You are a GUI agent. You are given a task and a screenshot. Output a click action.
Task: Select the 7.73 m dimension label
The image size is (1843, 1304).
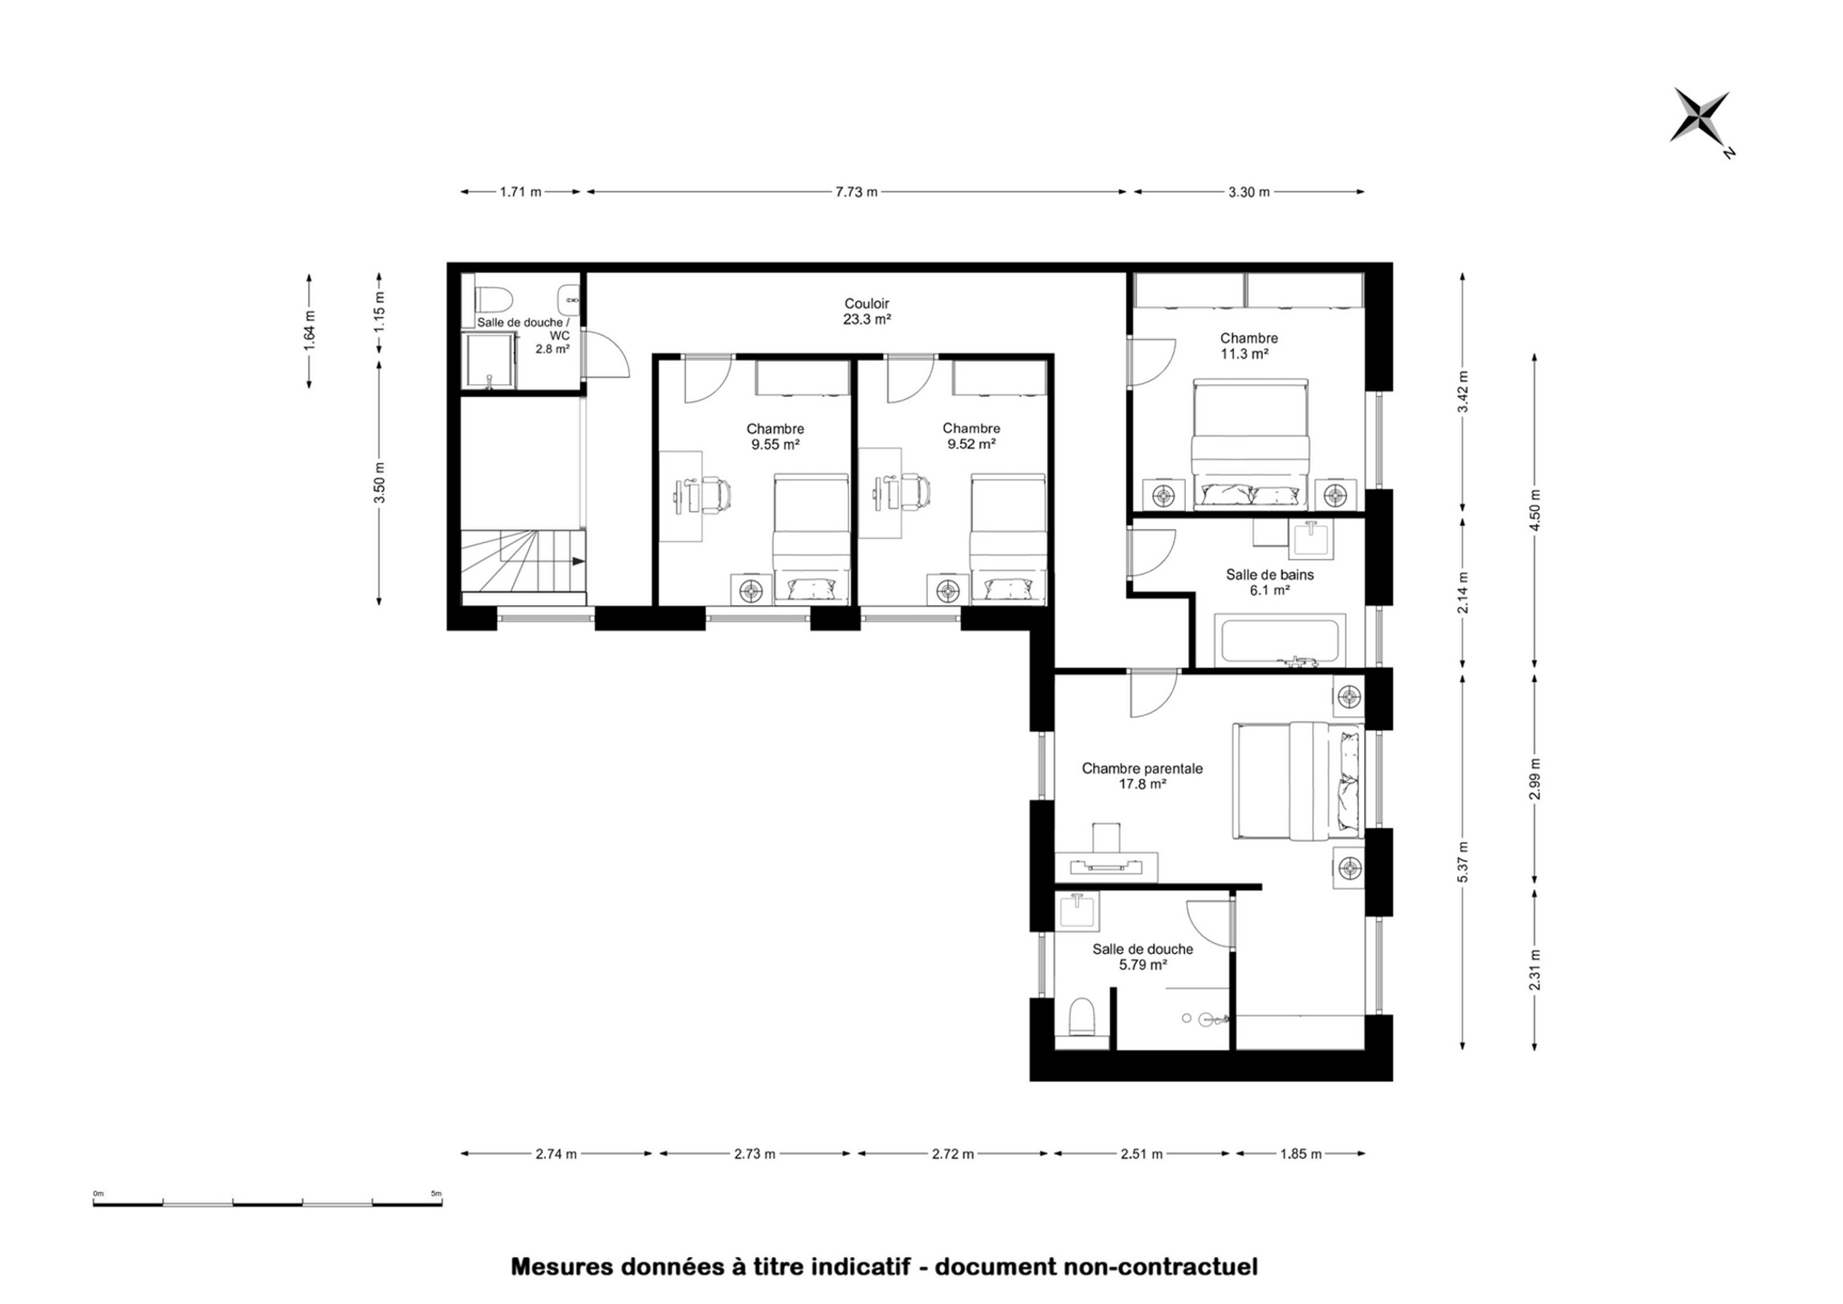856,192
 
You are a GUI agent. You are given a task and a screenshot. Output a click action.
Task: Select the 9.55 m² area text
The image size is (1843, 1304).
775,444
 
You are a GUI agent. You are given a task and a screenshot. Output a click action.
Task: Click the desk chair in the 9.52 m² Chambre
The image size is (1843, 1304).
914,493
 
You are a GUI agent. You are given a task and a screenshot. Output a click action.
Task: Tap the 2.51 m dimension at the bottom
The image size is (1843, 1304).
1141,1154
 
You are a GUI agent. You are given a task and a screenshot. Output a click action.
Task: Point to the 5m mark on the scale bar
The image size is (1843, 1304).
436,1194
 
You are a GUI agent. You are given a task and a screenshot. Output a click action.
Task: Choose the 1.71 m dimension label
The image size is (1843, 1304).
520,192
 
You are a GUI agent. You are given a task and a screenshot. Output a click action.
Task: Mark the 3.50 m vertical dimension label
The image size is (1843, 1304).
380,482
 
